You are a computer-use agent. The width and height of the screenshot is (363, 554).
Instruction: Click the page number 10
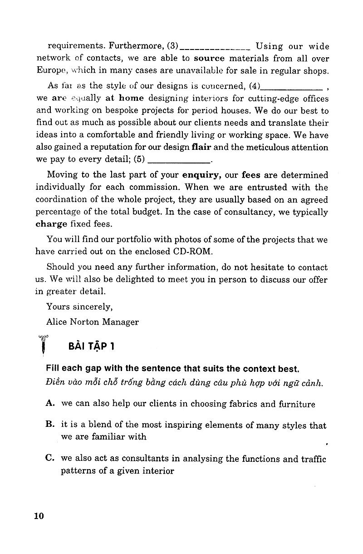[39, 516]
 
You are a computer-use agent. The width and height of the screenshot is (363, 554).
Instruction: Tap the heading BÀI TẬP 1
[91, 346]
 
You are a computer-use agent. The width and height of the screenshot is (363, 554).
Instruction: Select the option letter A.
[50, 403]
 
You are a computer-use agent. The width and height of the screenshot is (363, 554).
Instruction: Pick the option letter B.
[50, 425]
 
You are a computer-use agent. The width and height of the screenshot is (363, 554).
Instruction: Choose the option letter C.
[50, 459]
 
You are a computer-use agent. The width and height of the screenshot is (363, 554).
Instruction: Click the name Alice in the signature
[57, 322]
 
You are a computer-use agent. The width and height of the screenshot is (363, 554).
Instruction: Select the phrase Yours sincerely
[79, 307]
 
